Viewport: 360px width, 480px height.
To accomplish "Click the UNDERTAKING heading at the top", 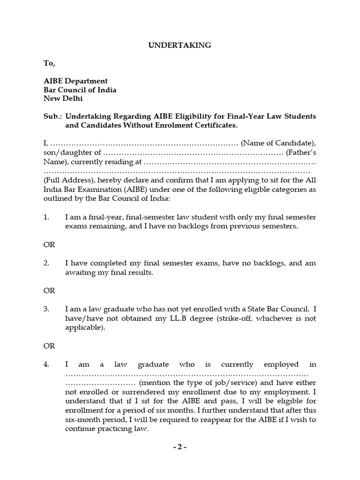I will point(180,45).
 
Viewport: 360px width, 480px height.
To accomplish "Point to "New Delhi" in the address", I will point(63,99).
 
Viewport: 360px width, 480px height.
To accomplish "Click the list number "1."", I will point(46,217).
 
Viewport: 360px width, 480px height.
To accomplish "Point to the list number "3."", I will point(46,309).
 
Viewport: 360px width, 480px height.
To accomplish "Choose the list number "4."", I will point(46,364).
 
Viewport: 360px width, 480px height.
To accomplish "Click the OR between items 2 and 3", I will point(49,291).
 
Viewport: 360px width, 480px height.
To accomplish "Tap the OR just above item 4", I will point(49,346).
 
